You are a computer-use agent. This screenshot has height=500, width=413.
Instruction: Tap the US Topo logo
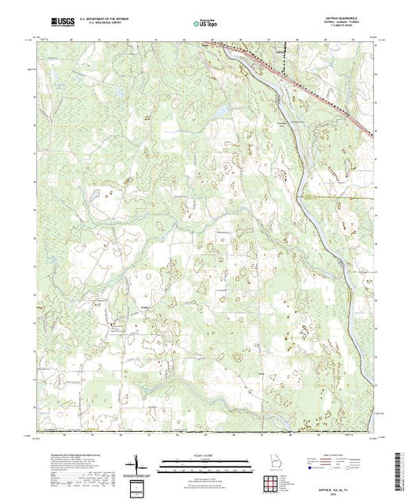click(x=205, y=23)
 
